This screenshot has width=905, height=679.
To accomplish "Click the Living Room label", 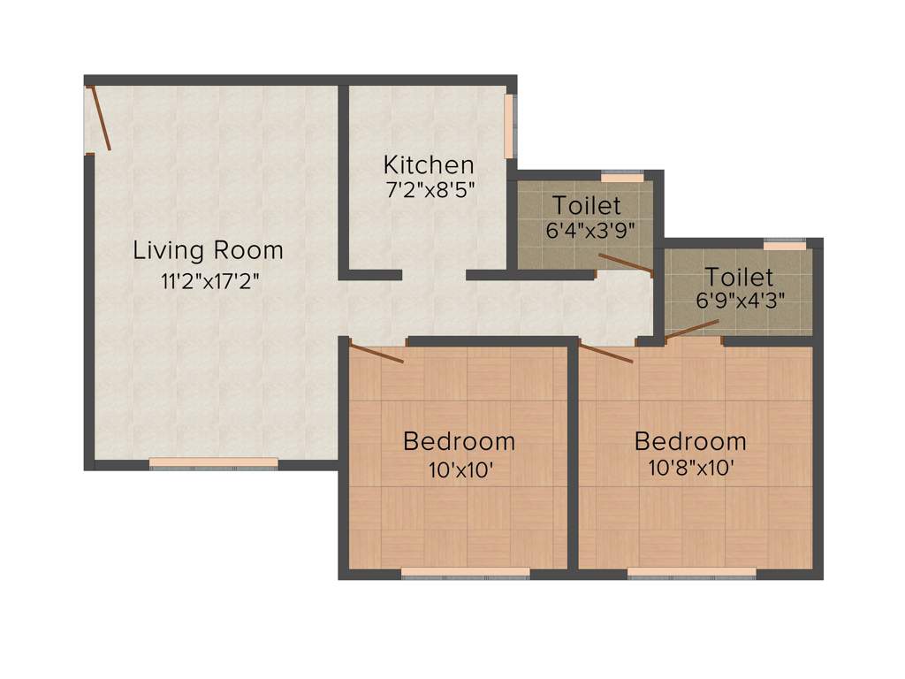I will click(209, 250).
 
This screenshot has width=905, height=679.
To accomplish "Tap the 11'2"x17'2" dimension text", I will click(209, 282).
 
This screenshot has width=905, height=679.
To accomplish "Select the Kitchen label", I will click(429, 164).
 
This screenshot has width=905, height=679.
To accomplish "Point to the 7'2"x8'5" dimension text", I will click(429, 191).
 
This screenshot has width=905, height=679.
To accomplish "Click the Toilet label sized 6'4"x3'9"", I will click(587, 206).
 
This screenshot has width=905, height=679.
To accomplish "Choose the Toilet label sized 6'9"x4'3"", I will click(740, 278).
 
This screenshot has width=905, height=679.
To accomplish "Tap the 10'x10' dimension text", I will click(460, 470).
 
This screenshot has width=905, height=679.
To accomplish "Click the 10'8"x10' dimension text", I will click(690, 470).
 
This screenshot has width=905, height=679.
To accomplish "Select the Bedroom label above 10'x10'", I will click(459, 440).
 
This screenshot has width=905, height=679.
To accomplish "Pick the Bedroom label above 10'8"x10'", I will click(690, 440).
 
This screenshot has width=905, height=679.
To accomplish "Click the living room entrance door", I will click(99, 118).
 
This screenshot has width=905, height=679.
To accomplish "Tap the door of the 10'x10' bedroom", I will click(377, 354).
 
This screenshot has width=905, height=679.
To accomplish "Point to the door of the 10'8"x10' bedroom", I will click(607, 354).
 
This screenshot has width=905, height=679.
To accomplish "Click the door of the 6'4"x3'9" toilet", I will click(625, 263).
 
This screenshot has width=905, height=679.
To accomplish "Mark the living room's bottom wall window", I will click(213, 463).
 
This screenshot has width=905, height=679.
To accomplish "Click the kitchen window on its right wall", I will click(509, 126).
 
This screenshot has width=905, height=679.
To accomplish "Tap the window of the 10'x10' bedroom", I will click(466, 574).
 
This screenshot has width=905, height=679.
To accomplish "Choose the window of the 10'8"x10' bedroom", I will click(692, 574).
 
